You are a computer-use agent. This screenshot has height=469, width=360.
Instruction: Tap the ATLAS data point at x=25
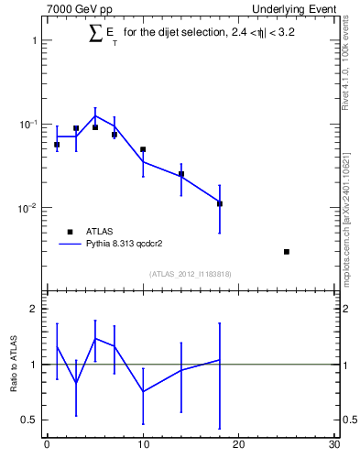pyautogui.click(x=287, y=252)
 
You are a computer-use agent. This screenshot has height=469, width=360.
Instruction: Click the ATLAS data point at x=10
pyautogui.click(x=143, y=149)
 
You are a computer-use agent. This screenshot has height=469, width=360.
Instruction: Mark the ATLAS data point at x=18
pyautogui.click(x=220, y=203)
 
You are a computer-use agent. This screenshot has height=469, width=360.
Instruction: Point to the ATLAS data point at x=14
pyautogui.click(x=181, y=174)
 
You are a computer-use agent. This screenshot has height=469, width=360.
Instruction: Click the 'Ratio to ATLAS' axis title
pyautogui.click(x=14, y=365)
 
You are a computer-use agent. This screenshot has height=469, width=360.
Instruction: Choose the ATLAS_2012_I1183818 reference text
pyautogui.click(x=191, y=274)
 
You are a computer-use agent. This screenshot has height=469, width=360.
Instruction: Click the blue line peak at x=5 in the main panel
pyautogui.click(x=95, y=115)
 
